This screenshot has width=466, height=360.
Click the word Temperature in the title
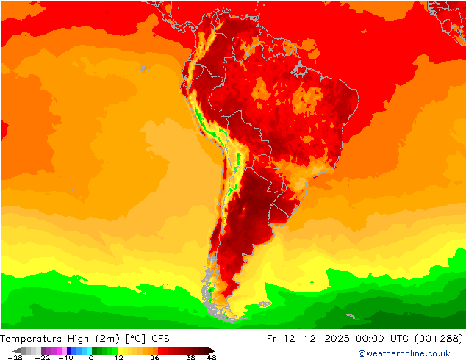31,339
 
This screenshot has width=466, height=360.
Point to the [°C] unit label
137,339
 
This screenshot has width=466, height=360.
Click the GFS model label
161,339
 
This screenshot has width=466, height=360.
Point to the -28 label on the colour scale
14,357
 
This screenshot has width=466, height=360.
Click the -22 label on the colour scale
42,357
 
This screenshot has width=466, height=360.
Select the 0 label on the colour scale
91,357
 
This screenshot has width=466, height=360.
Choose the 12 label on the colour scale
118,357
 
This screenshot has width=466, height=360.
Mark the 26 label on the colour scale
154,357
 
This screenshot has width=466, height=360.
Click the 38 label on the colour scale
190,357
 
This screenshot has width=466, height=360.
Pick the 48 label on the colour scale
212,357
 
